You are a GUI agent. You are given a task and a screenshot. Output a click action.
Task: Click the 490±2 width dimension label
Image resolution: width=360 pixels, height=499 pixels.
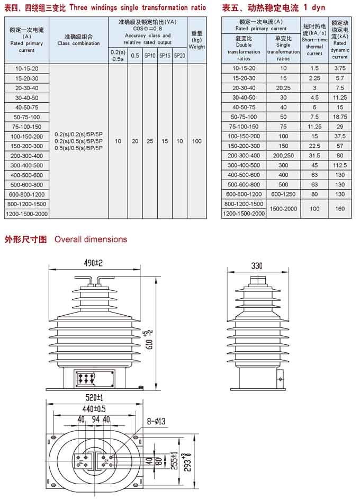tap(92, 263)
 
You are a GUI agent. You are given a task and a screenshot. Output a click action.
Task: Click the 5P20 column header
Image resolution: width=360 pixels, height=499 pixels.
tap(179, 55)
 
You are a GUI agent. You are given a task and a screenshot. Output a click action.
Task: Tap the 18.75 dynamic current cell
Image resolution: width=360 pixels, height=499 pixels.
tap(340, 117)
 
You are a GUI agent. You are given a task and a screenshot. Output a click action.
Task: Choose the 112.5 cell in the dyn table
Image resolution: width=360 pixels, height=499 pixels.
tap(340, 165)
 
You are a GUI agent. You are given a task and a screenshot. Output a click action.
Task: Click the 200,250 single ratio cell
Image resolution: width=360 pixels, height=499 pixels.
tap(283, 155)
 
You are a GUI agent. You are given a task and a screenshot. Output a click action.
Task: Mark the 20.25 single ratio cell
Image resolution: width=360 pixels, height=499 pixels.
tap(283, 88)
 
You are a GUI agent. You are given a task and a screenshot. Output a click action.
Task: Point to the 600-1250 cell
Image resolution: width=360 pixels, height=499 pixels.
tap(283, 194)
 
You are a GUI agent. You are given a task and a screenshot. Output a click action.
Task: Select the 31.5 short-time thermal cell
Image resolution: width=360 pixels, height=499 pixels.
tap(314, 155)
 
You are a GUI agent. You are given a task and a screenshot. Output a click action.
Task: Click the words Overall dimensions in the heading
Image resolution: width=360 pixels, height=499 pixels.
tap(91, 239)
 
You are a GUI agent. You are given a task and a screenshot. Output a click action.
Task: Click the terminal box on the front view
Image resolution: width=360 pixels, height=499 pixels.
tap(95, 378)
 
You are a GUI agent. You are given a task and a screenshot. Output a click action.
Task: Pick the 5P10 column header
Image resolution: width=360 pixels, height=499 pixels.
tap(150, 55)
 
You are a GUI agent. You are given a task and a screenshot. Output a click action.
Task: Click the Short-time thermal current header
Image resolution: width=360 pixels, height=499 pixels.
tap(314, 39)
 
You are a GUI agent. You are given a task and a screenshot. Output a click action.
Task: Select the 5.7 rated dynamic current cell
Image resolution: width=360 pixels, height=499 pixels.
tap(340, 78)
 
